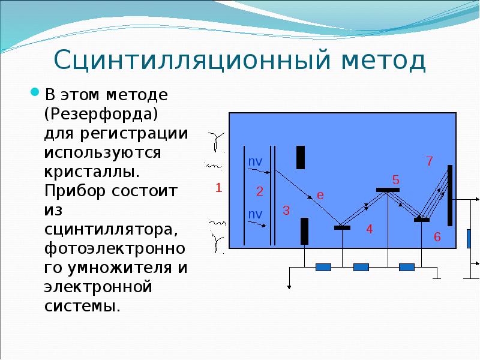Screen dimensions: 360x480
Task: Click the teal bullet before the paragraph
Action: [35, 93]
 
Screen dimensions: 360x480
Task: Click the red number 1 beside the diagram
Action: [219, 188]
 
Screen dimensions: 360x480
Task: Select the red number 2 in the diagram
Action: [260, 192]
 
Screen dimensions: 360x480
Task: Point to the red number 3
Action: [286, 211]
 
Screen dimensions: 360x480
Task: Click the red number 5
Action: [395, 180]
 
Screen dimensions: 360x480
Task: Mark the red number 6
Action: [437, 238]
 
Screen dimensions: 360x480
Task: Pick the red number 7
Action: [429, 161]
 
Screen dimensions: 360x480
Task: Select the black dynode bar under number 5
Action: [388, 190]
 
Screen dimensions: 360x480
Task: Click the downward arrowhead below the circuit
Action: [290, 287]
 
